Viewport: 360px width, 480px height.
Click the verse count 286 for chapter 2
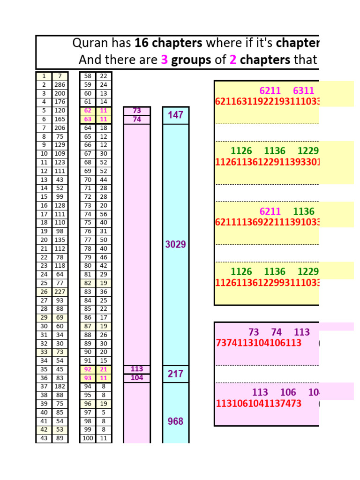[60, 85]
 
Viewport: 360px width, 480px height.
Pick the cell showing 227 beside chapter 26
[60, 292]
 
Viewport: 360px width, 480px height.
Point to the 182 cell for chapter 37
[60, 386]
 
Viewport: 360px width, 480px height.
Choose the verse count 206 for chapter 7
[60, 128]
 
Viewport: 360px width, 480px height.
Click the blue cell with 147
[176, 115]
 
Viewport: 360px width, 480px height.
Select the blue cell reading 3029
[176, 244]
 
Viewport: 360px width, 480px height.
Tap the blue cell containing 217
[176, 374]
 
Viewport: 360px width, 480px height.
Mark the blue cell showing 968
[176, 421]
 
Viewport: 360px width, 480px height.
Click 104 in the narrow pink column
[137, 378]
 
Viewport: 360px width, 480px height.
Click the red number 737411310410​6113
[259, 343]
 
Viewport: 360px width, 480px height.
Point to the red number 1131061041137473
[259, 404]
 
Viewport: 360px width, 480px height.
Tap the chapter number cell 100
[88, 438]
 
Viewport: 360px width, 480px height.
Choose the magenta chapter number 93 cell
[88, 378]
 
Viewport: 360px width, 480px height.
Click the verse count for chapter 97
[104, 412]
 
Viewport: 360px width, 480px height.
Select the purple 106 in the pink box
[288, 392]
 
